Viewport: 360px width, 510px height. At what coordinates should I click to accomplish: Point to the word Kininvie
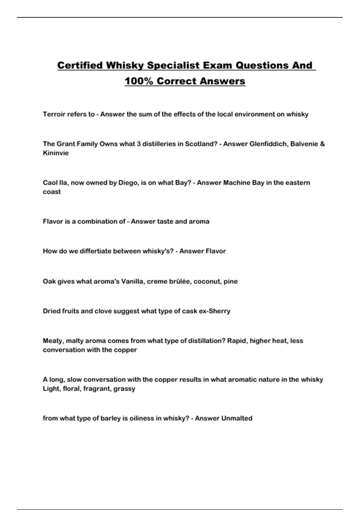point(56,153)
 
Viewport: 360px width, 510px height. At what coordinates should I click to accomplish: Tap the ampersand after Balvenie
point(322,144)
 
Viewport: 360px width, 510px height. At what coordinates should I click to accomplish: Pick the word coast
point(52,192)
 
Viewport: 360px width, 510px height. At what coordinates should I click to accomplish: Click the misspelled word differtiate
point(96,251)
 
